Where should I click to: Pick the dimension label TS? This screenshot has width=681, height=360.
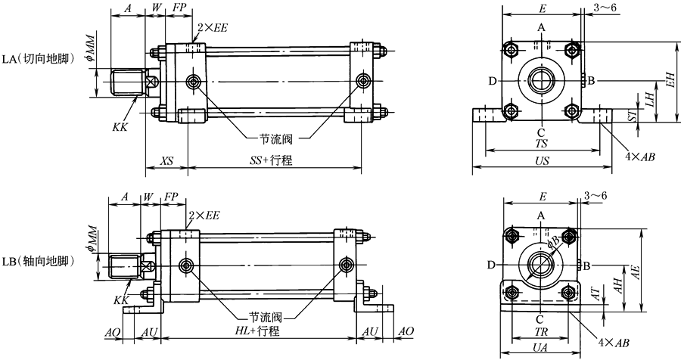point(543,141)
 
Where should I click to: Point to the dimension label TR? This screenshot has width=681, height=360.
point(541,331)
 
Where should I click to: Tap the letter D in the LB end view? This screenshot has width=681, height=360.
point(492,265)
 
